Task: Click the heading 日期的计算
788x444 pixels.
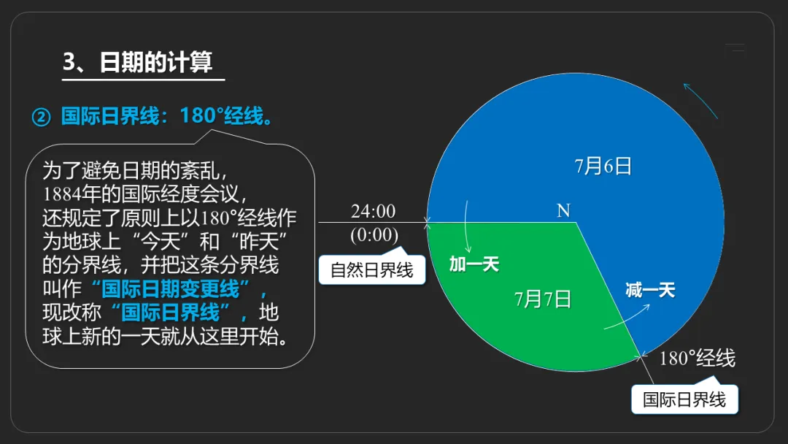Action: point(156,62)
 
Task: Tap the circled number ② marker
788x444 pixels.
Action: point(41,117)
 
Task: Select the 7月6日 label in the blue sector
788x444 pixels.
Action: point(603,166)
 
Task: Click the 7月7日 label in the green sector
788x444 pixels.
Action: point(543,299)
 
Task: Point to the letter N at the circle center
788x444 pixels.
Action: point(563,210)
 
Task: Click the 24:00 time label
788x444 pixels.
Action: point(373,211)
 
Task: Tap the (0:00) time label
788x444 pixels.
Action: point(374,235)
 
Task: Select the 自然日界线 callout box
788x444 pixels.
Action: point(372,269)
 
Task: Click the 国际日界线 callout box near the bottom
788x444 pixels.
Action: point(684,399)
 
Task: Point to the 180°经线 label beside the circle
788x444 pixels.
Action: point(697,358)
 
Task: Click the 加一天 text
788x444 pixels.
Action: point(474,264)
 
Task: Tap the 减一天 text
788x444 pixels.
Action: point(650,290)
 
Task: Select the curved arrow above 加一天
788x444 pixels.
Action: point(466,226)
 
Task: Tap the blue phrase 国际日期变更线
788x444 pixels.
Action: point(170,288)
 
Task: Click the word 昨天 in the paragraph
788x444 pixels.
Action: point(258,242)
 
